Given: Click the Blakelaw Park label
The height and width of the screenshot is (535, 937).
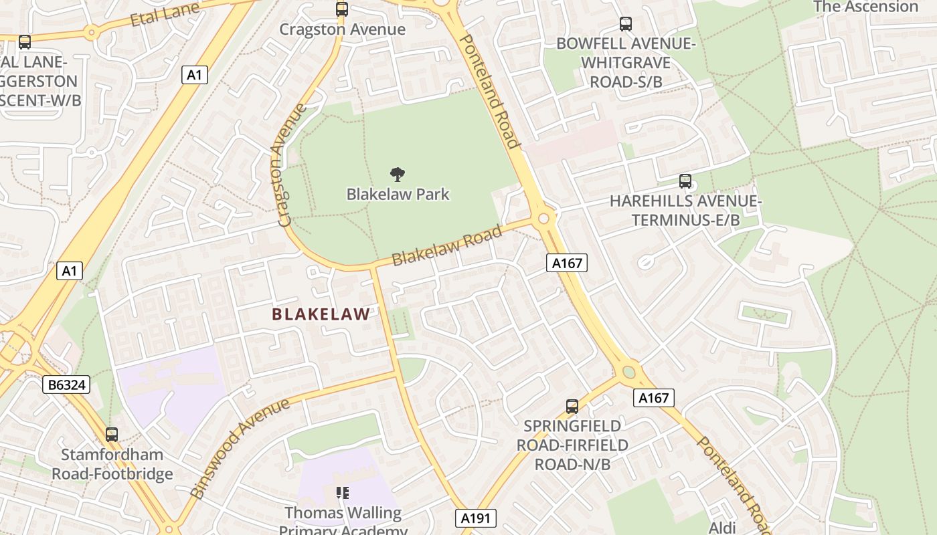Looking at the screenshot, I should click(398, 195).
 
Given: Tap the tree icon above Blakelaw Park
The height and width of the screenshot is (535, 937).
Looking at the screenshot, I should click(398, 175).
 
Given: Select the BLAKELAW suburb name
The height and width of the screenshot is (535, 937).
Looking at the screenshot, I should click(321, 314).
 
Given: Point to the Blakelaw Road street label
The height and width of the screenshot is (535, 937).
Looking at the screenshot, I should click(446, 245).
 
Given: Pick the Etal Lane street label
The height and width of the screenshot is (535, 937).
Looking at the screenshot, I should click(165, 14).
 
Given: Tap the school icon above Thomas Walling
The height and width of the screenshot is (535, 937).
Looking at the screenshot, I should click(343, 494).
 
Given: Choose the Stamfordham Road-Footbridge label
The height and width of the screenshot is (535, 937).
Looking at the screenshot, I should click(112, 464).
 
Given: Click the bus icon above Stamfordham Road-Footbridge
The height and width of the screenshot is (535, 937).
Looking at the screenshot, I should click(112, 434).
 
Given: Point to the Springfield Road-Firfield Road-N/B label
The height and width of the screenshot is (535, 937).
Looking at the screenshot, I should click(572, 445).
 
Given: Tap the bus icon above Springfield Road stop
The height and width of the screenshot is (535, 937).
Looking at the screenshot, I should click(572, 406).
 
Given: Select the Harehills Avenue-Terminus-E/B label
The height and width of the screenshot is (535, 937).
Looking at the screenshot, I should click(685, 210).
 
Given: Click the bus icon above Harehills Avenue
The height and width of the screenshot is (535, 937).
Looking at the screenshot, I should click(685, 181).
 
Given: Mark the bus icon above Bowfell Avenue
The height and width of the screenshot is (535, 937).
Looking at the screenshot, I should click(626, 24).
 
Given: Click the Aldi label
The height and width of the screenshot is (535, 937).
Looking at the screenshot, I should click(722, 527).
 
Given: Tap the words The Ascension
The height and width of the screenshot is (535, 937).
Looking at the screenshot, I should click(865, 7).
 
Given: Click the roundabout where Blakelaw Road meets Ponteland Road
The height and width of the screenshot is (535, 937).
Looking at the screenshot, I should click(543, 218).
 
